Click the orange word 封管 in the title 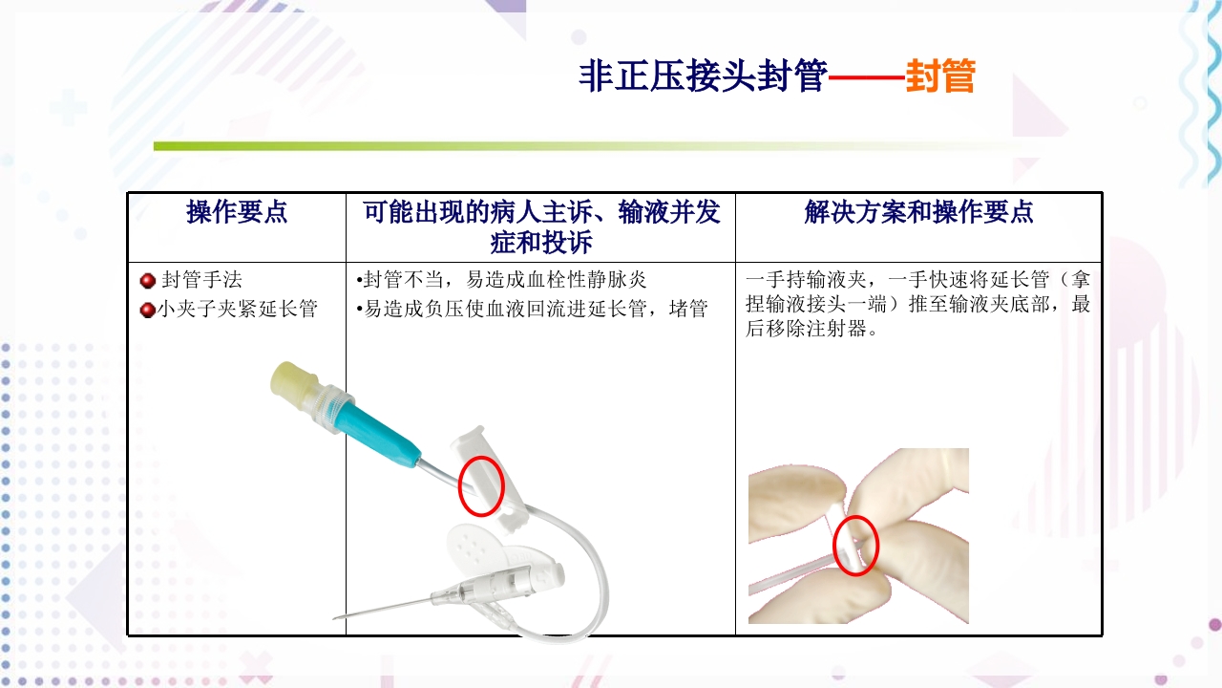[939, 76]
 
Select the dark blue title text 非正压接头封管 [702, 76]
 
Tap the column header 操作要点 [237, 212]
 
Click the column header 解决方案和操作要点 [918, 212]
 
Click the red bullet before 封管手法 [148, 281]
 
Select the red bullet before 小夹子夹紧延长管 [148, 310]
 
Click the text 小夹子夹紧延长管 [237, 310]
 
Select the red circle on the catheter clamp [482, 486]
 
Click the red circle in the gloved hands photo [855, 545]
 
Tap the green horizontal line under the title [573, 146]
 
